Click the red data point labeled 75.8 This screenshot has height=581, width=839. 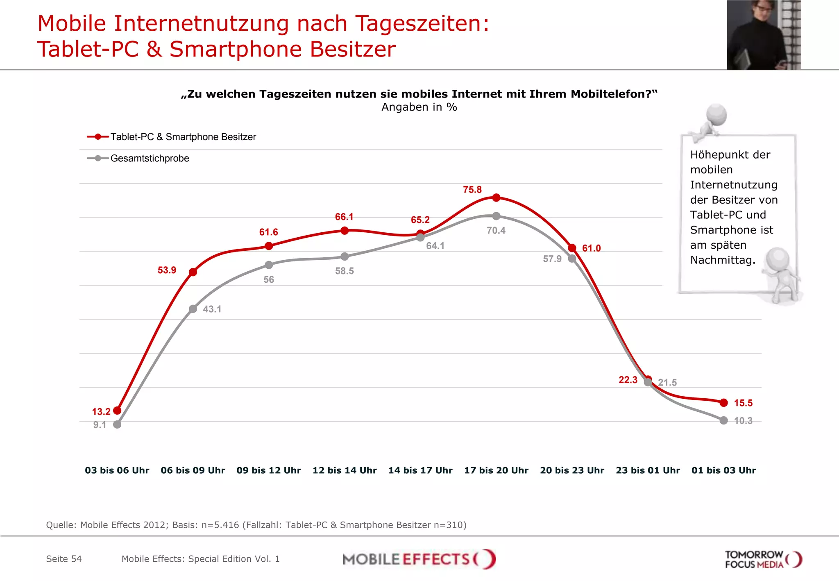coord(496,197)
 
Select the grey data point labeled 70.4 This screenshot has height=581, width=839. coord(496,216)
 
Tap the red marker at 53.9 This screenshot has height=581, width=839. coord(193,272)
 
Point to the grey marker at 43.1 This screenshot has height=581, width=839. coord(193,309)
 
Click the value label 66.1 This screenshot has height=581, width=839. coord(344,217)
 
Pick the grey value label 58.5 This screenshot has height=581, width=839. coord(344,271)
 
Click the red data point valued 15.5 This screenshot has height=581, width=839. coord(724,403)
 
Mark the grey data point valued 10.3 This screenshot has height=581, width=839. coord(724,420)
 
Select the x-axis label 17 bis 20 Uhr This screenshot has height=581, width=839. coord(496,470)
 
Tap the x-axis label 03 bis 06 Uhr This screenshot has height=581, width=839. coord(117,470)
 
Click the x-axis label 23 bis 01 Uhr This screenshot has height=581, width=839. coord(648,470)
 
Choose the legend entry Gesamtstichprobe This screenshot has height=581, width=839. coord(150,158)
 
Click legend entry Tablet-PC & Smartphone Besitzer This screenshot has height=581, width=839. coord(183,137)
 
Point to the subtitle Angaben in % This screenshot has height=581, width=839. coord(419,107)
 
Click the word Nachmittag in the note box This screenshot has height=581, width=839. coord(722,260)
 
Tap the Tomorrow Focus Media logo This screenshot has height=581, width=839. coord(763,559)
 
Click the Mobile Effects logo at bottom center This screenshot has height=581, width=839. coord(419,559)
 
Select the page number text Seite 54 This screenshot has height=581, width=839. coord(64,559)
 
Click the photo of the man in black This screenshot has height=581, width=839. coord(763,35)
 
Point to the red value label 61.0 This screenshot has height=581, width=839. coord(591,248)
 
